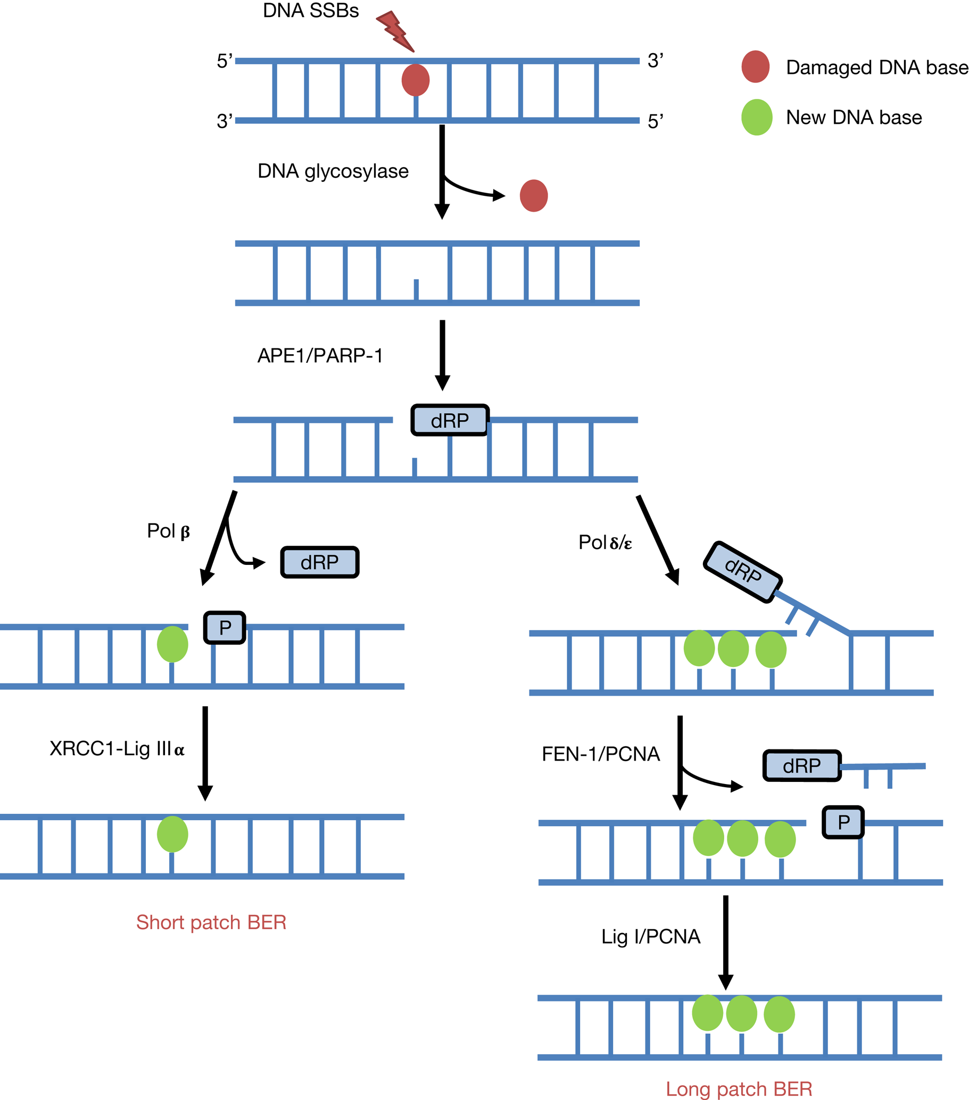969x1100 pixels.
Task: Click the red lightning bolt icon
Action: pyautogui.click(x=396, y=31)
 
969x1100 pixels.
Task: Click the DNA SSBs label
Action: pyautogui.click(x=311, y=11)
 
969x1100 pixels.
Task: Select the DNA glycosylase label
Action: pyautogui.click(x=333, y=171)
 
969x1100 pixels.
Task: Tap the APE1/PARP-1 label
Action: pyautogui.click(x=320, y=356)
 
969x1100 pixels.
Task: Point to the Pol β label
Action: pyautogui.click(x=169, y=531)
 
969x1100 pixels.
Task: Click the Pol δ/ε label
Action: pyautogui.click(x=604, y=543)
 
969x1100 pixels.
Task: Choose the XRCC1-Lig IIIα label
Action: pyautogui.click(x=117, y=748)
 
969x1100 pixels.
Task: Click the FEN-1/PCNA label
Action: pyautogui.click(x=600, y=754)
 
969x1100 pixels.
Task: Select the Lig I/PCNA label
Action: pyautogui.click(x=650, y=936)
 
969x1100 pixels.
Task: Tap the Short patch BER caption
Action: pyautogui.click(x=211, y=922)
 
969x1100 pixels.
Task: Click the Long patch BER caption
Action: pyautogui.click(x=739, y=1089)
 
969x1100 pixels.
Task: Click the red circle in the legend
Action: pyautogui.click(x=755, y=66)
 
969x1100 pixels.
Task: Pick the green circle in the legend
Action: pyautogui.click(x=756, y=118)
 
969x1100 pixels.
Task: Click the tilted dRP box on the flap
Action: pyautogui.click(x=742, y=572)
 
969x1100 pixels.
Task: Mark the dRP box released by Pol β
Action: pyautogui.click(x=320, y=562)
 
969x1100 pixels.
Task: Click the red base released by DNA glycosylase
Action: pyautogui.click(x=534, y=196)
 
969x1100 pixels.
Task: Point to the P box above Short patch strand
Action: pyautogui.click(x=225, y=628)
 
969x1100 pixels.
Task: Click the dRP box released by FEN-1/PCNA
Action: pyautogui.click(x=801, y=765)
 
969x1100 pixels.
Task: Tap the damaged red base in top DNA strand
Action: pyautogui.click(x=416, y=80)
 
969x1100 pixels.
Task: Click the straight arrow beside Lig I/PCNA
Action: pyautogui.click(x=725, y=942)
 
